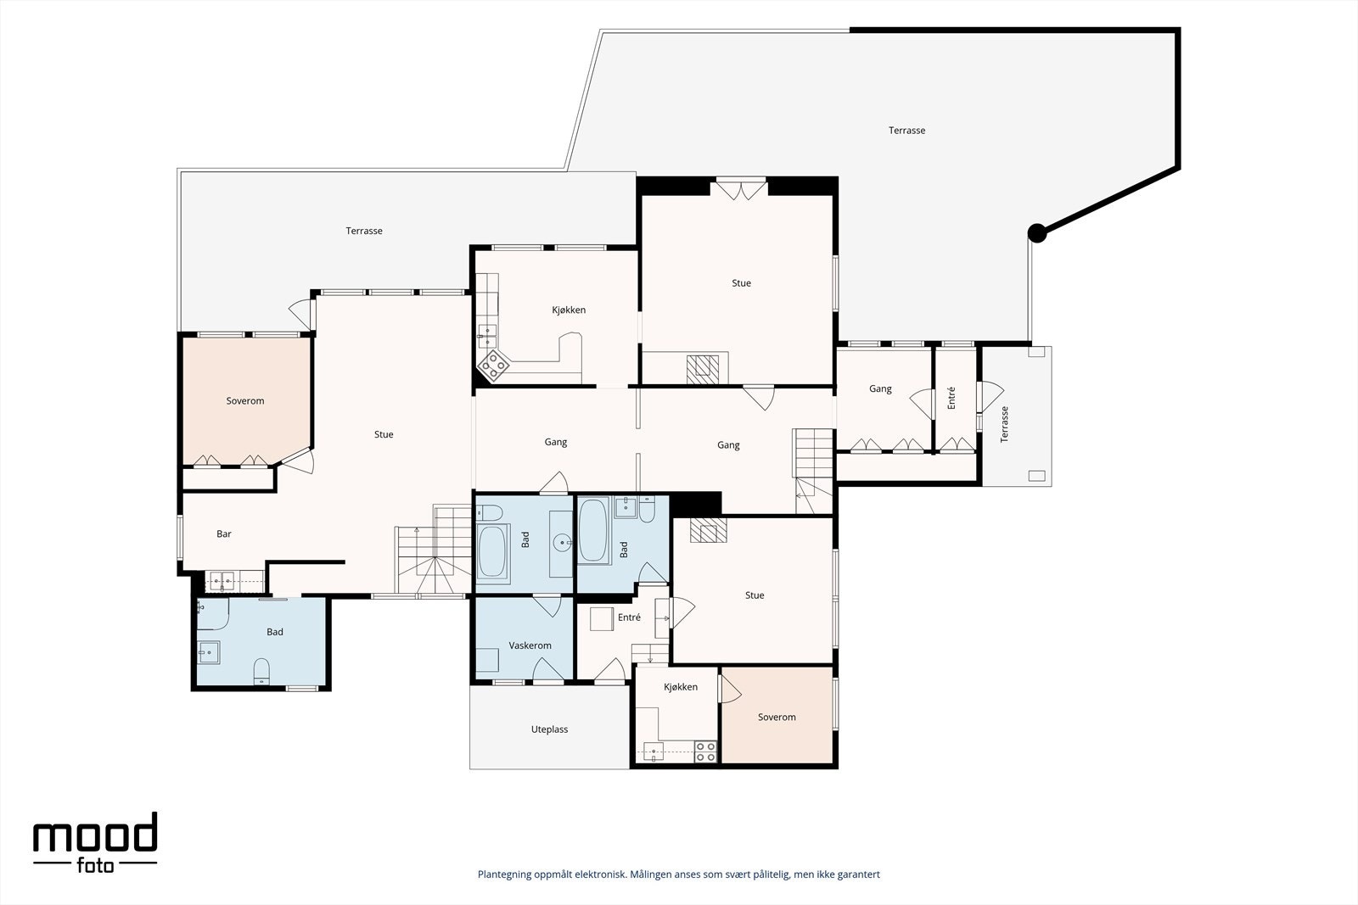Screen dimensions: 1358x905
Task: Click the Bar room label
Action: pyautogui.click(x=224, y=534)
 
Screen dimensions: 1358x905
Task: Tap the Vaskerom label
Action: pyautogui.click(x=530, y=645)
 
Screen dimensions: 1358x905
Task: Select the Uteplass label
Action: pyautogui.click(x=549, y=729)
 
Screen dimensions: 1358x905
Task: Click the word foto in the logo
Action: pyautogui.click(x=96, y=865)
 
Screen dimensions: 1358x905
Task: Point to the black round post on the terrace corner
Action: pyautogui.click(x=1037, y=233)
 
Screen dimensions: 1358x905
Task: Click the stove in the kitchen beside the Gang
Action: pyautogui.click(x=493, y=366)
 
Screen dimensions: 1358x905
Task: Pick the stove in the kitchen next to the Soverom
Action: pyautogui.click(x=705, y=751)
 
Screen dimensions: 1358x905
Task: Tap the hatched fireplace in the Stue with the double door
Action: pyautogui.click(x=703, y=370)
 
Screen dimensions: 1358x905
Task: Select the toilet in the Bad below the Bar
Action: pyautogui.click(x=261, y=671)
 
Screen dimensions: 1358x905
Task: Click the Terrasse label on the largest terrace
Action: pyautogui.click(x=907, y=131)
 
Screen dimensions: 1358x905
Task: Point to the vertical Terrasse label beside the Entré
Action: pyautogui.click(x=1005, y=424)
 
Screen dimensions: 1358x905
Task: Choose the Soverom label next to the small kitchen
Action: pyautogui.click(x=777, y=718)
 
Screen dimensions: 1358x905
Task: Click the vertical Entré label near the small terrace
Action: pyautogui.click(x=951, y=398)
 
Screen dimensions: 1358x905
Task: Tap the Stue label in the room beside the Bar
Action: pyautogui.click(x=384, y=434)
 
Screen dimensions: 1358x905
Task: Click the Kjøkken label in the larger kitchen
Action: pyautogui.click(x=569, y=310)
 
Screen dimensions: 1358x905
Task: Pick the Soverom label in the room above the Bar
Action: pyautogui.click(x=245, y=401)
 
